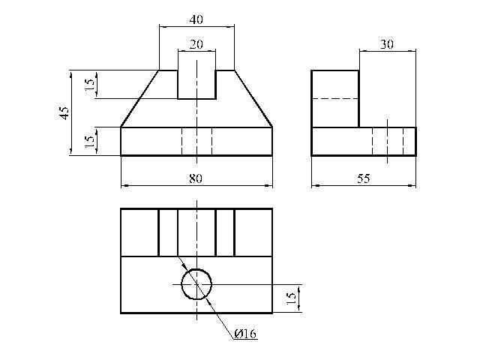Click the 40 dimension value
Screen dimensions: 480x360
(196, 19)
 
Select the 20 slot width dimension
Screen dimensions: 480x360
(196, 44)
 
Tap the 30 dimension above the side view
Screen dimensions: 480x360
(387, 44)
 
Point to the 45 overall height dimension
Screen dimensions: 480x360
(64, 113)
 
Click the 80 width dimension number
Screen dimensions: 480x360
(196, 178)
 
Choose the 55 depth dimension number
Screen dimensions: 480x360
(364, 178)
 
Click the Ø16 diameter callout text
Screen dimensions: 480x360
(245, 333)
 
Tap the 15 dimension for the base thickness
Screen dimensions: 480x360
(89, 141)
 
